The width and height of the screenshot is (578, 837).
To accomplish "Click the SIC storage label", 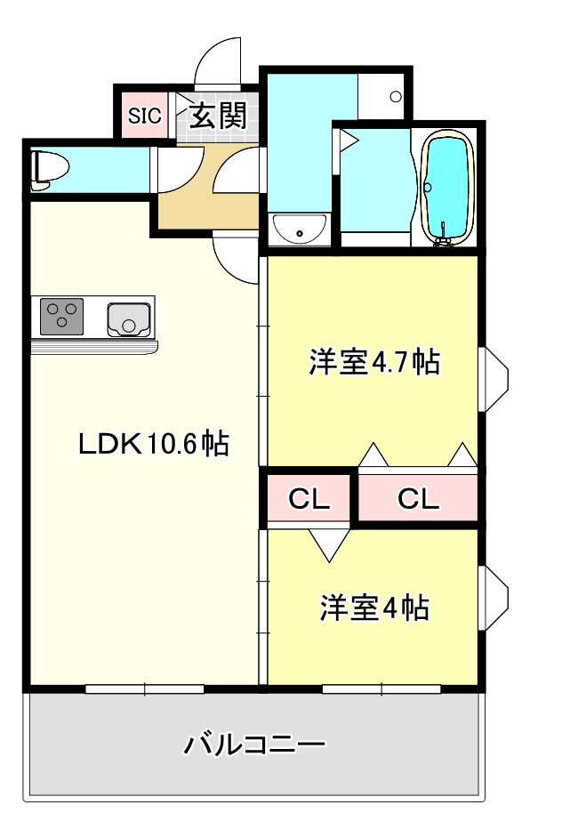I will (145, 115).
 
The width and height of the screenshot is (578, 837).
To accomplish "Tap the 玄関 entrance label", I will (216, 115).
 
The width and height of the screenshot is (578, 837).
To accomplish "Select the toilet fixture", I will (48, 167).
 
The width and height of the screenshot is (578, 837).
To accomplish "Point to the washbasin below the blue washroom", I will (300, 229).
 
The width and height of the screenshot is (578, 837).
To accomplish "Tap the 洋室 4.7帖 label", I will (374, 362).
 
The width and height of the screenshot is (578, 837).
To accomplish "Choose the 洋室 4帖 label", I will (375, 608).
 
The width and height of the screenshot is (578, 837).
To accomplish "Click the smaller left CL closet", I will (309, 499).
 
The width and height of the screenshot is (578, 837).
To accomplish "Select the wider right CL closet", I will (418, 499).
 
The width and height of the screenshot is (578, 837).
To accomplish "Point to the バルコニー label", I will (254, 744).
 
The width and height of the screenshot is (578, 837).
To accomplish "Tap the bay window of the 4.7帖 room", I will (494, 379).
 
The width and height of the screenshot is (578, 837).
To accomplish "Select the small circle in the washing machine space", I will (396, 95).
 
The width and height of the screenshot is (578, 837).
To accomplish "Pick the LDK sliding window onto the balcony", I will (145, 688).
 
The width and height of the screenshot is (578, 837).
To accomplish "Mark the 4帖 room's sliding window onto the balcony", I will (381, 688).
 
